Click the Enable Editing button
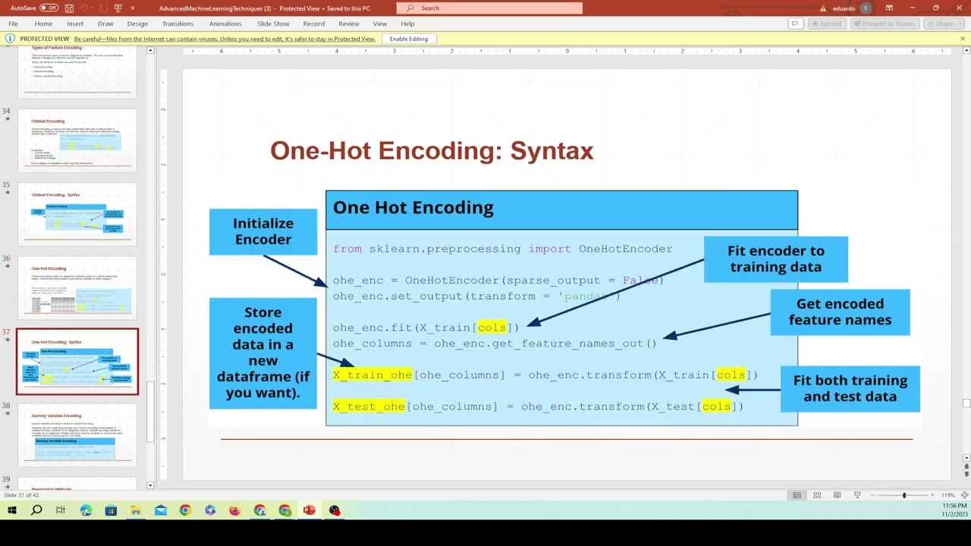(408, 39)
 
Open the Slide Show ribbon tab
(273, 24)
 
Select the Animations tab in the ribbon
(225, 24)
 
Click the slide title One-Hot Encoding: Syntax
(432, 151)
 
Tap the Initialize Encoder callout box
(263, 231)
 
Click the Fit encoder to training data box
(775, 259)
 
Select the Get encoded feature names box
(840, 312)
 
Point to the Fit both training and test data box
(850, 388)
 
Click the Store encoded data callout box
(263, 353)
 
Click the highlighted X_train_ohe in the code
(372, 375)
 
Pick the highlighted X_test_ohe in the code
(369, 406)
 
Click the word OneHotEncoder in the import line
(625, 249)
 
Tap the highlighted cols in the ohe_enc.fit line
(492, 328)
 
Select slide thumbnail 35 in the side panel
(77, 214)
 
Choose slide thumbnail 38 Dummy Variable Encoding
(77, 435)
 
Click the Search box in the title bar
(493, 8)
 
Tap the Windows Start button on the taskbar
(11, 510)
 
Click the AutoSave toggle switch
(49, 8)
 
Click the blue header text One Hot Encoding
(413, 208)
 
